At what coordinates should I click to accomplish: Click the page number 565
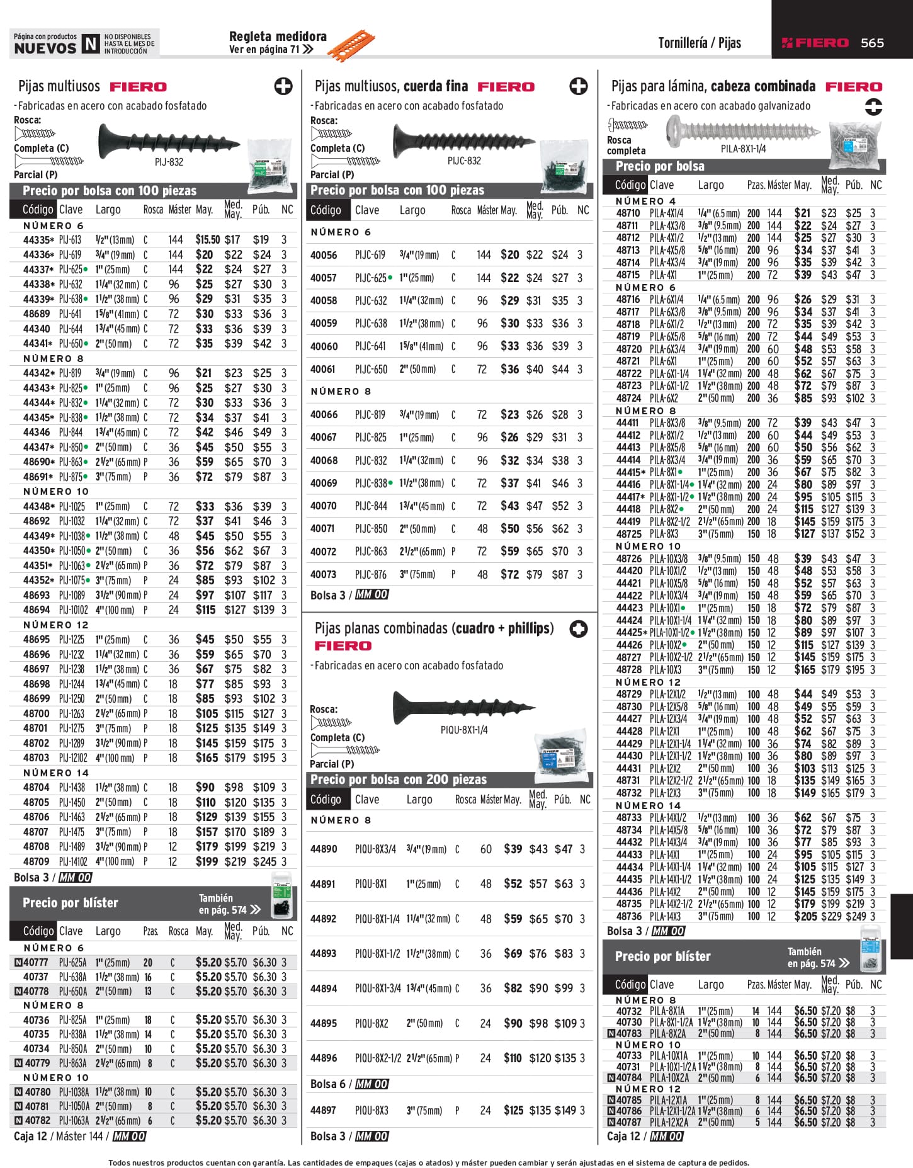[x=872, y=43]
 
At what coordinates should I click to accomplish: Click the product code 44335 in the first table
[x=37, y=240]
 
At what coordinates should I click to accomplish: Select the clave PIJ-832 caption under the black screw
[x=169, y=162]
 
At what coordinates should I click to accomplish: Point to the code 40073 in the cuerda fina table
[x=324, y=574]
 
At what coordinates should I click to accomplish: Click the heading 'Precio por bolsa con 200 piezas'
[x=398, y=780]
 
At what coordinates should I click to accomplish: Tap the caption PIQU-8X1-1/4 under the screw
[x=464, y=730]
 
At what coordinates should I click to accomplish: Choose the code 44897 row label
[x=324, y=1110]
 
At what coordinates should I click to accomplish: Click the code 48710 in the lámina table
[x=628, y=213]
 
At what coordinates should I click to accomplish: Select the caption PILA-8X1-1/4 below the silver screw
[x=743, y=149]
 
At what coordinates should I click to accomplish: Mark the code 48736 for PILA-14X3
[x=629, y=916]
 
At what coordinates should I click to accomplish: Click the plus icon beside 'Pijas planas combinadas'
[x=578, y=628]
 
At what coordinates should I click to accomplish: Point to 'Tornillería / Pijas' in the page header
[x=699, y=43]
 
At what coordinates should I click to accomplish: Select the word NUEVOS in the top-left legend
[x=45, y=48]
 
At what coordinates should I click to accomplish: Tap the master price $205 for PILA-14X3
[x=805, y=916]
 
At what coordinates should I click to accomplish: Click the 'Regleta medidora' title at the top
[x=278, y=37]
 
